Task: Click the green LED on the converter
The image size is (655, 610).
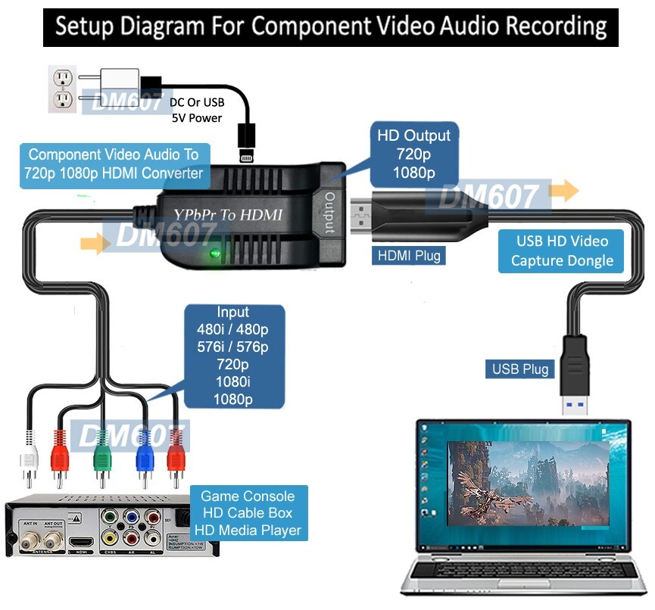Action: (x=217, y=254)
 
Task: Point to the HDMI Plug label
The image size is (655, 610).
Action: (x=409, y=256)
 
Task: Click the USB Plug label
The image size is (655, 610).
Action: (x=521, y=369)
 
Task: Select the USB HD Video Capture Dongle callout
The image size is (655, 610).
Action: (x=561, y=251)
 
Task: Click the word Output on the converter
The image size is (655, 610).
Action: (x=329, y=213)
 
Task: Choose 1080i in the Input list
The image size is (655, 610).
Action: (x=233, y=381)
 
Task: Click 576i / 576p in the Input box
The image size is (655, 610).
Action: (x=233, y=347)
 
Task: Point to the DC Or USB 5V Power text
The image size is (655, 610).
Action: (x=195, y=110)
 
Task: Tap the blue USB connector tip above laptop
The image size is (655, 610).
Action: (x=574, y=405)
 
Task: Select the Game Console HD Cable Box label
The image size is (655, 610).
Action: (x=248, y=513)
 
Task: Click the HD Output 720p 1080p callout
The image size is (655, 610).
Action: (x=414, y=154)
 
